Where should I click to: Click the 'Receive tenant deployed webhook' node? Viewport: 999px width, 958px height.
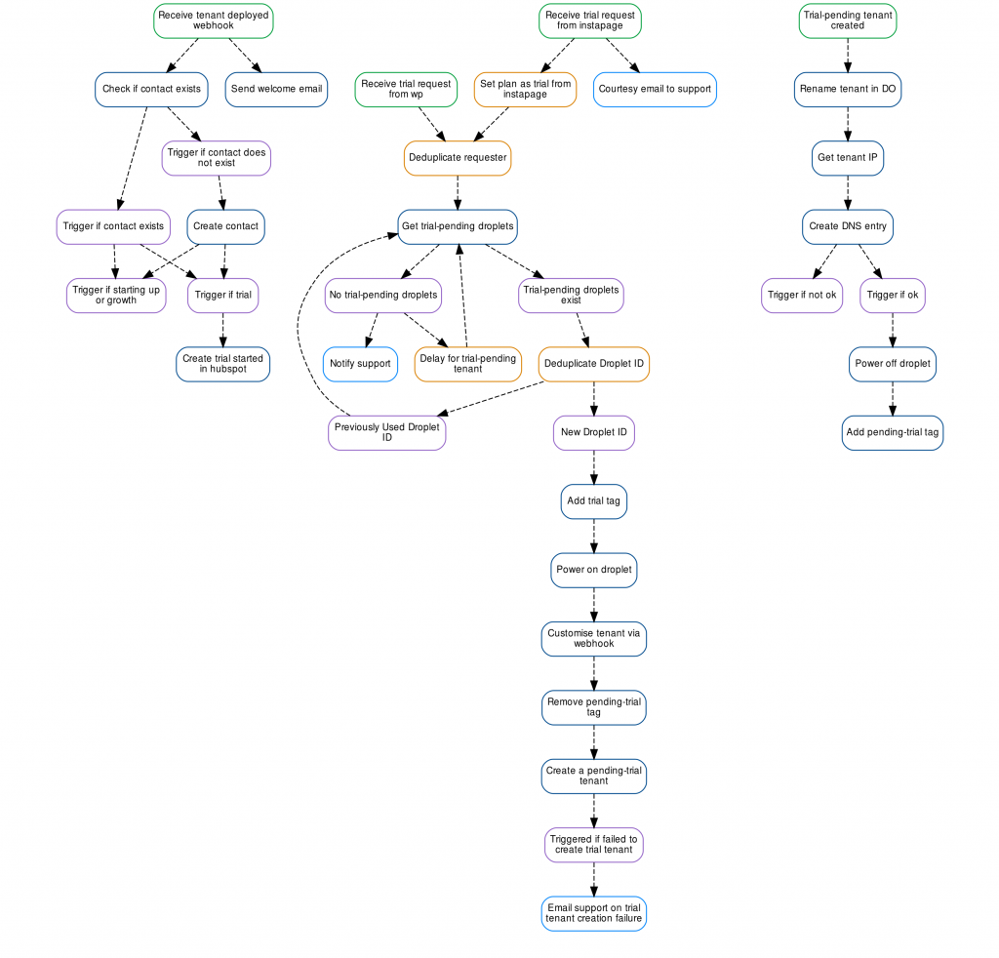point(214,20)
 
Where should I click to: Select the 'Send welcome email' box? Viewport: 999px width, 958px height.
point(276,89)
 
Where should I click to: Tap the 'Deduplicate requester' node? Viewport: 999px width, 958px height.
point(458,158)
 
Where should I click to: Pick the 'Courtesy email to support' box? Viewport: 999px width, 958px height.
point(655,89)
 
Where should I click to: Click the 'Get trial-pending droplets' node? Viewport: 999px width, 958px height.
point(458,226)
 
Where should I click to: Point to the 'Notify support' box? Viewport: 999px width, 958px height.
point(360,364)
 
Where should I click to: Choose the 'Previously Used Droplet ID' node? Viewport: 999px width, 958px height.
point(386,433)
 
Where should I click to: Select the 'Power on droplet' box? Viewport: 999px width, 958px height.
point(594,570)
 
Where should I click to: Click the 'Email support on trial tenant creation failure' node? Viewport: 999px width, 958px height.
point(594,913)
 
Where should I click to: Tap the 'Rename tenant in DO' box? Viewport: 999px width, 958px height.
point(848,89)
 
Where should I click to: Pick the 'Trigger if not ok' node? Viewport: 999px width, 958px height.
point(802,296)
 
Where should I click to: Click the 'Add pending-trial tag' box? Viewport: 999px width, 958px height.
point(892,433)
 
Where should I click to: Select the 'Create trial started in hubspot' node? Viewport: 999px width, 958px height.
point(223,364)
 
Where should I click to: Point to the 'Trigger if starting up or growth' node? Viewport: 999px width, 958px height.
point(116,296)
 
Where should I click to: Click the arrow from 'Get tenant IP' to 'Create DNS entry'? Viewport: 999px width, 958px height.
point(848,192)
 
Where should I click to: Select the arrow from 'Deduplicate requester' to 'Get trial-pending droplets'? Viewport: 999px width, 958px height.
point(458,192)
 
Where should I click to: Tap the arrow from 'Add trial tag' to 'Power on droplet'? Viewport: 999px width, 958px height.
point(594,536)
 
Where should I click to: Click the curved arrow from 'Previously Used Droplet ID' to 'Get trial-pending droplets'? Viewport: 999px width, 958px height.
point(298,325)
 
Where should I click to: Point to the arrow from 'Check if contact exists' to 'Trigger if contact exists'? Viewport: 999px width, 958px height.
point(133,158)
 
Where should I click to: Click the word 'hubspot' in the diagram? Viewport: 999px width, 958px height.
point(227,370)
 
